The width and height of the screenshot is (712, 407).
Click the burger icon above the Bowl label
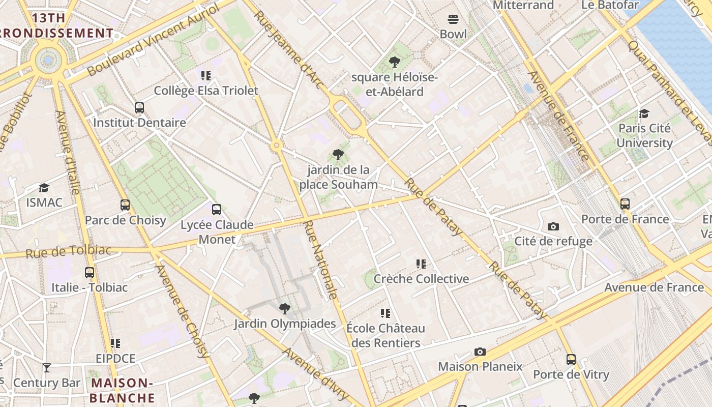pos(453,19)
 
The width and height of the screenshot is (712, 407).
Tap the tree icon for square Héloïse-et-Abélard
pos(394,63)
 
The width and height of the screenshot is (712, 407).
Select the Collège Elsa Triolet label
pos(206,91)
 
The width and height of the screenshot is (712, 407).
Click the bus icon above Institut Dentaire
pos(139,108)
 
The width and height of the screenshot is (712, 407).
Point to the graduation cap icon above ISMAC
pos(44,188)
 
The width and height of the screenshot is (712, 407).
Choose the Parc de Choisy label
pos(125,220)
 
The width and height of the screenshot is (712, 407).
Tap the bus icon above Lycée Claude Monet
pos(217,209)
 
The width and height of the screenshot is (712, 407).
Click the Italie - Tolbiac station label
pos(90,287)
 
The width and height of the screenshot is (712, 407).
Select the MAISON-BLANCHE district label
pos(122,390)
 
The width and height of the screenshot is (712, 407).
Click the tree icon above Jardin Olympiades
pos(285,308)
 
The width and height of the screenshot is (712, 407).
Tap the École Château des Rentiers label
pos(385,335)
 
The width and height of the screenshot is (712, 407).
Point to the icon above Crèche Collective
pos(421,264)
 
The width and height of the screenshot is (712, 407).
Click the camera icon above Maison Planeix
pos(480,352)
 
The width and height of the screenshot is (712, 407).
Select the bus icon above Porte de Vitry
pos(571,360)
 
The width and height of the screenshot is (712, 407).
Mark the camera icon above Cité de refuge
pos(553,226)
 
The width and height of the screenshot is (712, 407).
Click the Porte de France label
pos(625,219)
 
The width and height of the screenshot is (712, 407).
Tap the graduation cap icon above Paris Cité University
pos(644,113)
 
